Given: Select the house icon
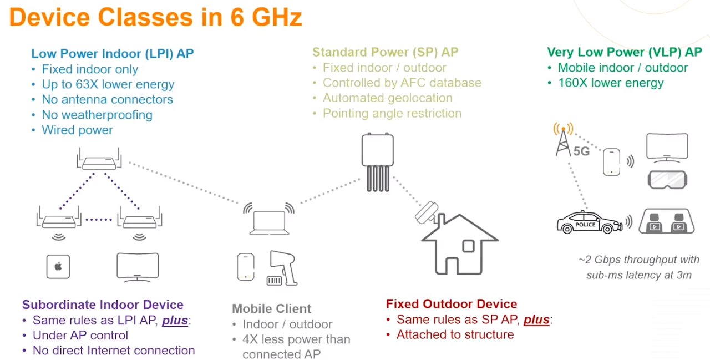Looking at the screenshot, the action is tap(460, 244).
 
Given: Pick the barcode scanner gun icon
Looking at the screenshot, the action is tap(282, 268).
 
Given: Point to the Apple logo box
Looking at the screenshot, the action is tap(58, 266).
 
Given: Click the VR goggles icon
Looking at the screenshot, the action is tap(667, 179).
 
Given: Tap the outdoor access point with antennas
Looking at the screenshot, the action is tap(378, 162).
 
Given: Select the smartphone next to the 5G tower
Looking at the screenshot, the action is tap(611, 161).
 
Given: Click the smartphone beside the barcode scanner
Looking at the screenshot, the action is tap(246, 267).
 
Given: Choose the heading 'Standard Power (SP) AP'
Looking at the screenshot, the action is tap(385, 52).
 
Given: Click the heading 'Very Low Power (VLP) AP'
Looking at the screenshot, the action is tap(625, 52).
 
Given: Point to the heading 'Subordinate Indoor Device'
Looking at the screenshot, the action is tap(103, 305).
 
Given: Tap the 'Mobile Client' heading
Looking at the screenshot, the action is tap(271, 308).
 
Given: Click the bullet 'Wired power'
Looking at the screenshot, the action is tap(77, 130).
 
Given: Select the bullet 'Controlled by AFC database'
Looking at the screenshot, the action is tap(402, 83).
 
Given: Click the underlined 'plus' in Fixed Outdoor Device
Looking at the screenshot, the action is tap(536, 320).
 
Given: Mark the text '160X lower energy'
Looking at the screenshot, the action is tap(611, 83).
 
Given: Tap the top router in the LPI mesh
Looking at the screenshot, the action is tap(99, 159).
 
